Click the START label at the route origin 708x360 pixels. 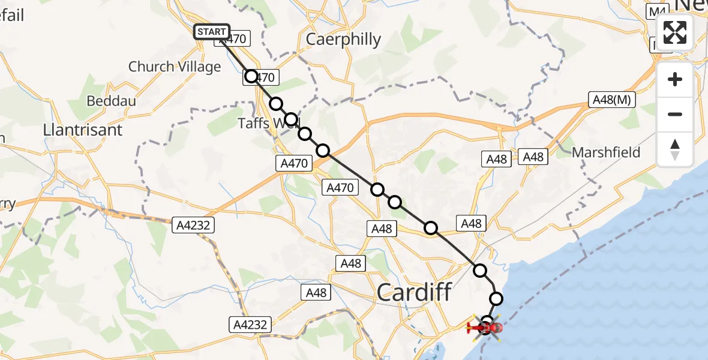pos(211,31)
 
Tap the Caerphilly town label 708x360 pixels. pos(343,40)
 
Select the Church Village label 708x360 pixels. pos(175,67)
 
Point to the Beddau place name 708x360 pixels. pos(111,100)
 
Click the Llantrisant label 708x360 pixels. pos(83,130)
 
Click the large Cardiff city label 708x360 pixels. pos(414,293)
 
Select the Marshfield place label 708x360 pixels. pos(606,152)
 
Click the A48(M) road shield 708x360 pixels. pos(611,100)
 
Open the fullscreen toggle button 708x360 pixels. pos(675,32)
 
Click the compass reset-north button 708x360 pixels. pos(675,149)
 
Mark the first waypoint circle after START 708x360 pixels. pos(251,76)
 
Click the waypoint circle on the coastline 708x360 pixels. pos(496,298)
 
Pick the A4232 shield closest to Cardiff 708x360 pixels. pos(250,325)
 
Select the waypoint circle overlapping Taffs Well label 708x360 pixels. pos(290,119)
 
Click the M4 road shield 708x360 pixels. pos(658,11)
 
